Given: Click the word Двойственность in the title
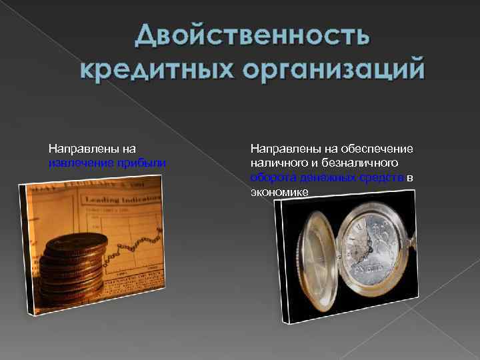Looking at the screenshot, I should point(251,35).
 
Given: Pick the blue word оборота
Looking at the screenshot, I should point(271,177).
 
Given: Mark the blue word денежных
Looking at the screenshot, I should point(318,177).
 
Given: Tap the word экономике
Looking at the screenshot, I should point(279,191).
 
